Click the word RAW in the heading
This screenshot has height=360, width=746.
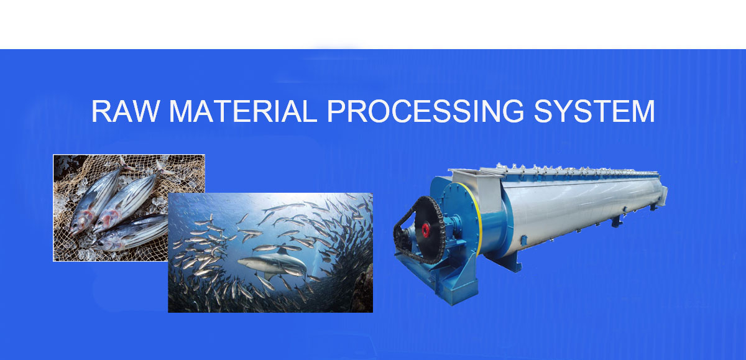click(126, 111)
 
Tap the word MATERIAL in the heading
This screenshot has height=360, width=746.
click(243, 111)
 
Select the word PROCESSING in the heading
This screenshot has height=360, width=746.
click(426, 111)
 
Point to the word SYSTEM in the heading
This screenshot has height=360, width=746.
click(594, 111)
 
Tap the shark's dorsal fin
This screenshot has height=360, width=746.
click(282, 251)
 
